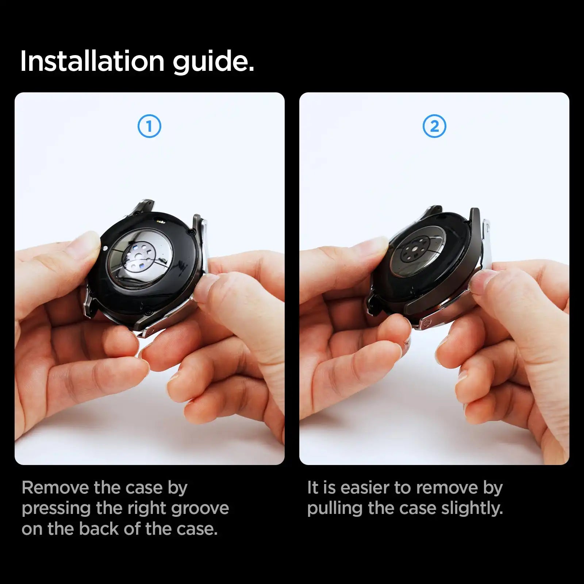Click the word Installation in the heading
point(92,61)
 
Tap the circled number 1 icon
point(149,126)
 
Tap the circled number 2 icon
point(434,126)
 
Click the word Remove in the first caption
point(54,488)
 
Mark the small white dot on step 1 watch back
point(105,248)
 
